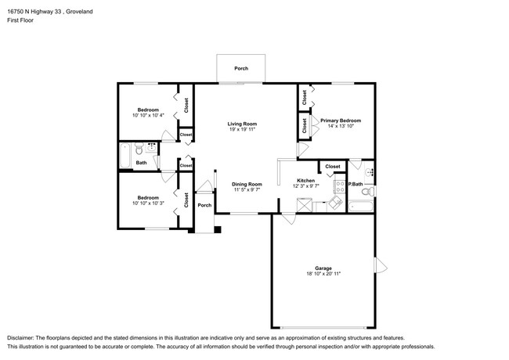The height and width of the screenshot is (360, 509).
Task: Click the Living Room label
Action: pos(242,124)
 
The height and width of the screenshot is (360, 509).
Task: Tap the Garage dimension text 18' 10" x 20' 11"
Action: pos(323,274)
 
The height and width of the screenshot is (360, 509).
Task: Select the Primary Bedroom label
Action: pos(341,121)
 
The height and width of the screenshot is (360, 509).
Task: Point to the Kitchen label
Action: pos(305,181)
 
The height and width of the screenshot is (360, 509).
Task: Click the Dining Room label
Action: pos(247,184)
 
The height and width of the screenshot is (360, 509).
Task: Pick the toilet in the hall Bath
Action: pos(139,149)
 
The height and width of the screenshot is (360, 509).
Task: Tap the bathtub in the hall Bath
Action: pos(125,156)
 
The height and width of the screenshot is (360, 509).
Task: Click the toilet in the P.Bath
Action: pos(367,192)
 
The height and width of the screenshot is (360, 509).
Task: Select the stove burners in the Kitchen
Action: pos(340,186)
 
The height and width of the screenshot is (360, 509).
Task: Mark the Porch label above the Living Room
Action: pos(241,68)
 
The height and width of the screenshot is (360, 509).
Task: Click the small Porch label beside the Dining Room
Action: pos(204,205)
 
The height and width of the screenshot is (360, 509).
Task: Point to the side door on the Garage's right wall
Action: pos(381,265)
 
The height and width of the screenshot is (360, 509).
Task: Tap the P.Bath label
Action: pos(356,184)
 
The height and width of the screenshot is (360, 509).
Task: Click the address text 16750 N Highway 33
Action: pos(36,12)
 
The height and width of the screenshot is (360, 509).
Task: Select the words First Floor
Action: pos(20,20)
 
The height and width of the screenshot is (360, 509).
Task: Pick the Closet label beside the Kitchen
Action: pos(333,167)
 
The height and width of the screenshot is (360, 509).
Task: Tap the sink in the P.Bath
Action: pos(370,172)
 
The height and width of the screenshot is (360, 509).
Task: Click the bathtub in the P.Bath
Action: pos(361,206)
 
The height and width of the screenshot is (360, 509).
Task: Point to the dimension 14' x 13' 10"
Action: pos(341,126)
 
